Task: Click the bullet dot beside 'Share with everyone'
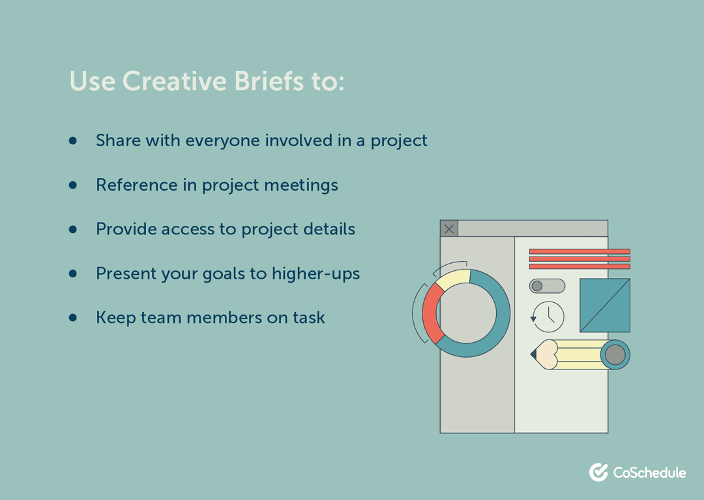pos(73,140)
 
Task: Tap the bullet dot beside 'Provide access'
pos(73,229)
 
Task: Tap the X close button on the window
pos(449,228)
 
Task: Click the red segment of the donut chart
pos(430,313)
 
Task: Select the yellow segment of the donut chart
pos(453,278)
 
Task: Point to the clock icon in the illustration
pos(548,316)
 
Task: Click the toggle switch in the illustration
pos(547,286)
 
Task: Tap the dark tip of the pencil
pos(533,354)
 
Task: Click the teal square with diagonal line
pos(604,305)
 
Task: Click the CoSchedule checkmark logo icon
pos(598,473)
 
